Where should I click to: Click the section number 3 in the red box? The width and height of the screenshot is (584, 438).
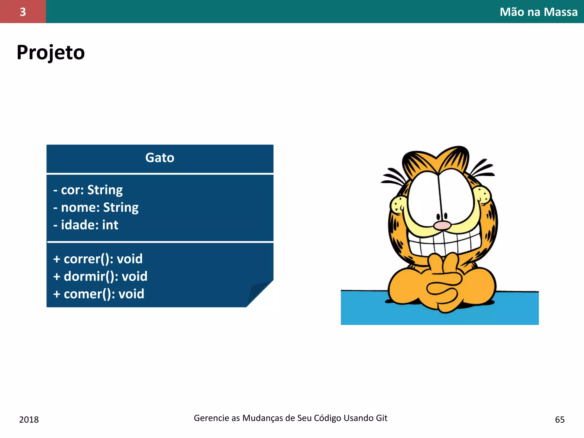coord(23,12)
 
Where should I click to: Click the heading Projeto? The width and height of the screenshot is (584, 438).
coord(51,53)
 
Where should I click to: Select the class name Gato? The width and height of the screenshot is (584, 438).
coord(160,158)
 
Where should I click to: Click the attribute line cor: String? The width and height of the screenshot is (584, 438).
coord(88,190)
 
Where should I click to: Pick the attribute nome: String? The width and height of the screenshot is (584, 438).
coord(96,207)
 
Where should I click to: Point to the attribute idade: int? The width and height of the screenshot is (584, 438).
coord(86,225)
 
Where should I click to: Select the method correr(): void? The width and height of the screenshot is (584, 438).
coord(98,259)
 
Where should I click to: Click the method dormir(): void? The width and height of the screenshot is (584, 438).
coord(100,276)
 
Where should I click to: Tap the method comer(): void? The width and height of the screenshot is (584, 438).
coord(99,294)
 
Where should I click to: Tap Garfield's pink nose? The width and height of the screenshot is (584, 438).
coord(442,225)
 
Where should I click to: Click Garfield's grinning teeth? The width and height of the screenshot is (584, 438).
coord(445,242)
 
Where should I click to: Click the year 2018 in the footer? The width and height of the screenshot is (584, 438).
coord(29,419)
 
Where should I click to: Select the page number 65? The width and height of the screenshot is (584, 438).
coord(560,419)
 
